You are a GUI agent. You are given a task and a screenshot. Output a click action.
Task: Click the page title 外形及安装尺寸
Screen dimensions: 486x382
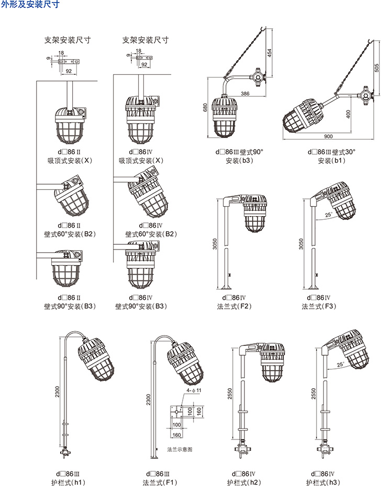31,5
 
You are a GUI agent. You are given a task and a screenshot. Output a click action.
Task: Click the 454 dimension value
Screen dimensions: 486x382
269,53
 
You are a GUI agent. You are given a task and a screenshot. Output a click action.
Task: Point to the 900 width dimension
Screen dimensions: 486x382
328,137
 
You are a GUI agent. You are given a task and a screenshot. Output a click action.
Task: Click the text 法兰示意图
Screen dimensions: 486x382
180,449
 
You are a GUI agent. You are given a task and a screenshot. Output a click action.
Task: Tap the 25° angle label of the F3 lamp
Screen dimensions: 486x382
328,215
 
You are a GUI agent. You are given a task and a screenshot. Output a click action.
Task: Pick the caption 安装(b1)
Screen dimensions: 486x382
331,161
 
